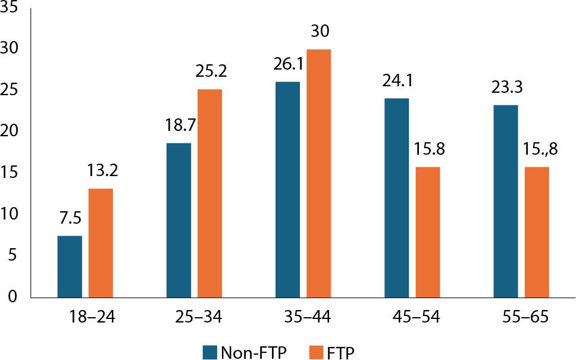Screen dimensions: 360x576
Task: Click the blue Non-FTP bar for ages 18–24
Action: (70, 267)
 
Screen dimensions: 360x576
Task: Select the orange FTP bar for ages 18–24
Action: (101, 243)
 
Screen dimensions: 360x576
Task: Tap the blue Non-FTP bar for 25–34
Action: (179, 220)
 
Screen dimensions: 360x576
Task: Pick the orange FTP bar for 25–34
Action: (209, 193)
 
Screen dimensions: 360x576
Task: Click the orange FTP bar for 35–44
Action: (318, 173)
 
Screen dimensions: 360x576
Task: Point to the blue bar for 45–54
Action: (396, 198)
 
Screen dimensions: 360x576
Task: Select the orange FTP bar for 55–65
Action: (536, 232)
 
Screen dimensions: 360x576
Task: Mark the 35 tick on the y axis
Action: (11, 7)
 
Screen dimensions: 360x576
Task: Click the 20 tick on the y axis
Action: (11, 131)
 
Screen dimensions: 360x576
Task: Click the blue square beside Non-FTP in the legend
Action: (209, 352)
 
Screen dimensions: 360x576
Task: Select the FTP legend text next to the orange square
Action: (341, 352)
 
